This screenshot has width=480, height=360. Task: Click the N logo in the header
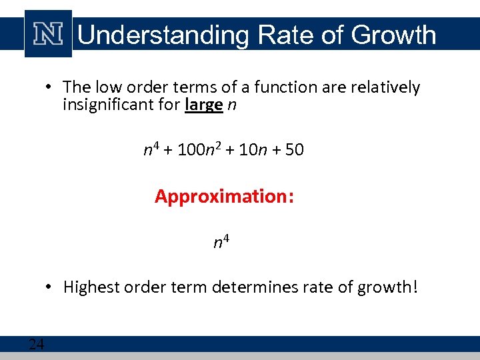[x=49, y=33]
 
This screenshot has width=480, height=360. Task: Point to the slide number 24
[x=36, y=344]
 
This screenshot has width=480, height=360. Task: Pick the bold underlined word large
[x=203, y=105]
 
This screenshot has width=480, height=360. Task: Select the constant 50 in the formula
[x=294, y=150]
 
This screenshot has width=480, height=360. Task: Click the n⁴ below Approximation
[x=221, y=241]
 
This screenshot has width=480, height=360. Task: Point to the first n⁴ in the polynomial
[x=151, y=149]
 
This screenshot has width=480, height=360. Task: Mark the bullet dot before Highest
[x=49, y=287]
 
